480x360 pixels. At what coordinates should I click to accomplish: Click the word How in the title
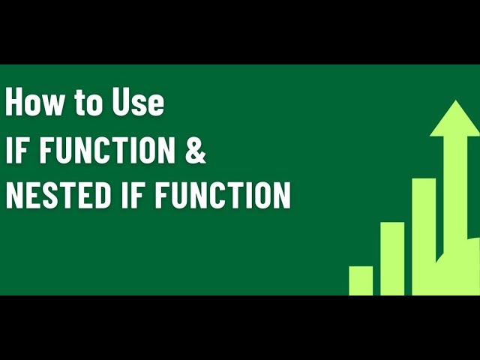tap(35, 103)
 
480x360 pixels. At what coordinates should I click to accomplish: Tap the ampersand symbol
tap(194, 150)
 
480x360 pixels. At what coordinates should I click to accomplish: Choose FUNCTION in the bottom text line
tap(218, 196)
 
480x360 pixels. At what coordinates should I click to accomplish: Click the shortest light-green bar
tap(361, 280)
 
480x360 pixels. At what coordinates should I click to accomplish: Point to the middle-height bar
tap(392, 258)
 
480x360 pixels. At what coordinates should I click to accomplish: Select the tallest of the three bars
tap(424, 235)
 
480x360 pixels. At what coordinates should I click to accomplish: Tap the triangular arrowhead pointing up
tap(454, 120)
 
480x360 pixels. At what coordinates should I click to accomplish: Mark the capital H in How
tap(14, 103)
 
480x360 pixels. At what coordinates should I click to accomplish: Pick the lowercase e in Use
tap(156, 105)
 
